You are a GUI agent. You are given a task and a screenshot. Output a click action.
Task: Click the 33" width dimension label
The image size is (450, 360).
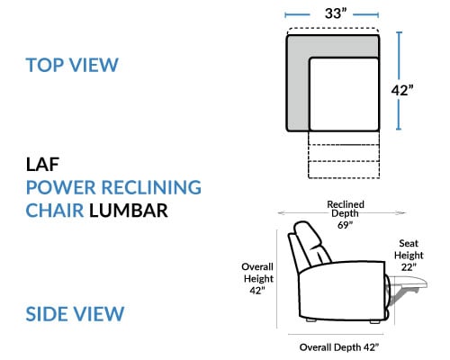pos(336,13)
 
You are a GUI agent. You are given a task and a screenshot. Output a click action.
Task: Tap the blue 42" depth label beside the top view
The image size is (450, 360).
pos(402,90)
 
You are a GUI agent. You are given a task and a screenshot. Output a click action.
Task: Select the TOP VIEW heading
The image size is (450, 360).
pos(72,65)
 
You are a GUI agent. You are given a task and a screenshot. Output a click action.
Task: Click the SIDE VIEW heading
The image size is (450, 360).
pos(75,314)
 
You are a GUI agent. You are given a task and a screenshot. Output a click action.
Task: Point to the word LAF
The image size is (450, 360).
pos(42,165)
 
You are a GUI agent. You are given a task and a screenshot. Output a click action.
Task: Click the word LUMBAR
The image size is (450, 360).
pos(129,210)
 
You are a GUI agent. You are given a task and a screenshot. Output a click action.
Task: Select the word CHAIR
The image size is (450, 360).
pos(55,210)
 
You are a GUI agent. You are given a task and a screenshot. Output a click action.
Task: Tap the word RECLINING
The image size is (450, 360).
pos(151,187)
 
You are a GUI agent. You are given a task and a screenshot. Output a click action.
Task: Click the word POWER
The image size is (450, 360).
pos(61,187)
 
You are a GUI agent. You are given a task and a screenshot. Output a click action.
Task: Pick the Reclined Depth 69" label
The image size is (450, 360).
pos(346,214)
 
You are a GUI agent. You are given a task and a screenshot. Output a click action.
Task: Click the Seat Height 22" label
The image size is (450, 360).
pos(409,255)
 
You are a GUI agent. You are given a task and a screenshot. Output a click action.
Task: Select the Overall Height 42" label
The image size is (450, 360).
pos(257,278)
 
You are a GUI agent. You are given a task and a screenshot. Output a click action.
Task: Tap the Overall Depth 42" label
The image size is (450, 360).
pos(339,347)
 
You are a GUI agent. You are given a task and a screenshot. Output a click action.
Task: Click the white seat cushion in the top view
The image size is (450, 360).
pos(344,94)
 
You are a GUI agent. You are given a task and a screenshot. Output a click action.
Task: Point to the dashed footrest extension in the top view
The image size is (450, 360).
pos(344,155)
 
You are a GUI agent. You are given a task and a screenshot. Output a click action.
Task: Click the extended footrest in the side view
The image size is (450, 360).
pos(408,283)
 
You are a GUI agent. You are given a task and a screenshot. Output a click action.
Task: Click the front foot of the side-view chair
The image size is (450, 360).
pos(374,321)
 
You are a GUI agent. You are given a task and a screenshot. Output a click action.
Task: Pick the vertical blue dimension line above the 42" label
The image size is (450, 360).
pos(399,57)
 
